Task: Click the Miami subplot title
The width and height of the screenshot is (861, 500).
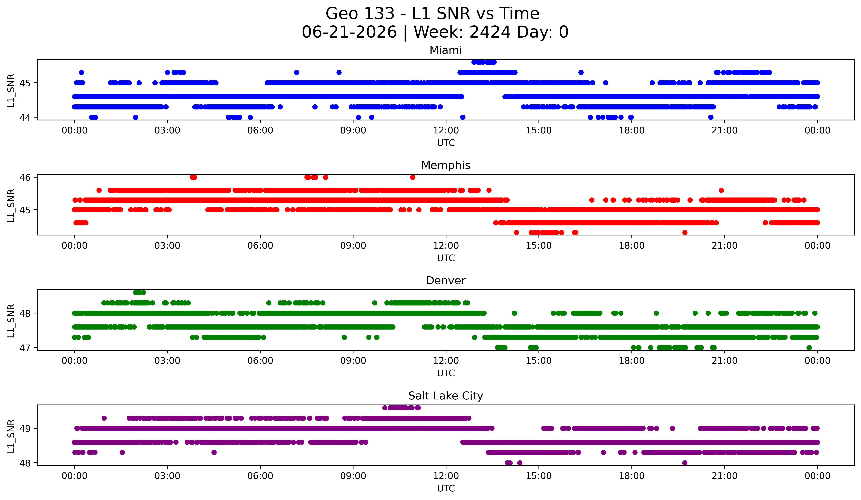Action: (446, 50)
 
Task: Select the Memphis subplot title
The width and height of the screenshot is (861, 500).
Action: (446, 165)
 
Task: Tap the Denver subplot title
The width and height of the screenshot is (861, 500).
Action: (446, 281)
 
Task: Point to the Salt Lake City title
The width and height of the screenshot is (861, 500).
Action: (446, 396)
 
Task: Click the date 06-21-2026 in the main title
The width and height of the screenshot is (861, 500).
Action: (349, 32)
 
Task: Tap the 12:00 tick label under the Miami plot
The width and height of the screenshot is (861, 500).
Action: (446, 131)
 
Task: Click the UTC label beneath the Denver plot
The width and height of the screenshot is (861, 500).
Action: (446, 373)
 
